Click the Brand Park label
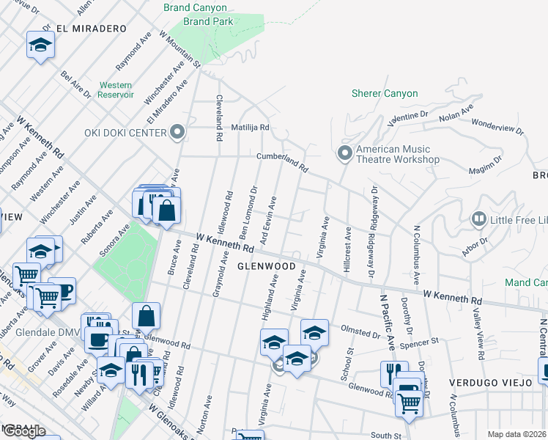[x=207, y=22]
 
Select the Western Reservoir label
[x=116, y=89]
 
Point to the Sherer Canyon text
[x=385, y=94]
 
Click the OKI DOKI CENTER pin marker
[x=177, y=133]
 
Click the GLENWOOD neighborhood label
[x=266, y=266]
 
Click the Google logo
[x=23, y=431]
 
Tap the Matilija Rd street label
[x=251, y=127]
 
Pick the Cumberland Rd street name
[x=282, y=161]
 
